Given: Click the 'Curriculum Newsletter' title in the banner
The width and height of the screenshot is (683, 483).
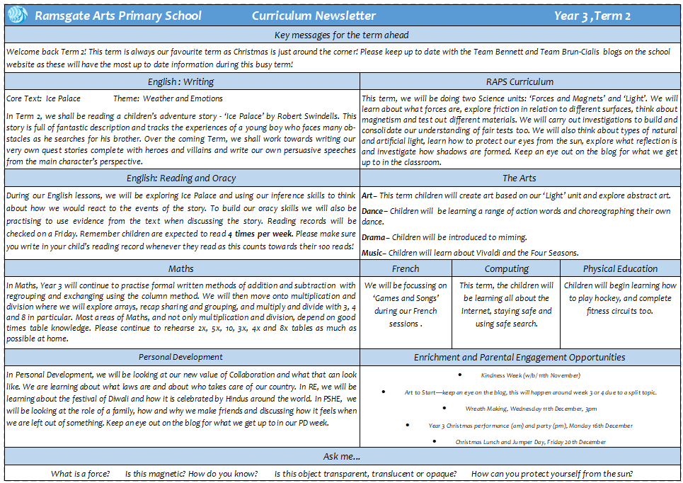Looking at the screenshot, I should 314,16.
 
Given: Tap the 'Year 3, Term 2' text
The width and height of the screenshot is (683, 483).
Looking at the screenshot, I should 592,16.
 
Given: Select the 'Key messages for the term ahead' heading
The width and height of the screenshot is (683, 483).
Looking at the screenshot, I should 341,35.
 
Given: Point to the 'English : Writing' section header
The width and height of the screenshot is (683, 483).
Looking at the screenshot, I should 181,81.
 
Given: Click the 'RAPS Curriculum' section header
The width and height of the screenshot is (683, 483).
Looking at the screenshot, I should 520,81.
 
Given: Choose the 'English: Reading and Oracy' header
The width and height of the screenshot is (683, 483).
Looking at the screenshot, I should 181,178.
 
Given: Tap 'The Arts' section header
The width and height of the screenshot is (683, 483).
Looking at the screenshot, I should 520,178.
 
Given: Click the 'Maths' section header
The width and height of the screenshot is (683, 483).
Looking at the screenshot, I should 181,268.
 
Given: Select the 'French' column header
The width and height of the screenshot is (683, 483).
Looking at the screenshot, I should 406,268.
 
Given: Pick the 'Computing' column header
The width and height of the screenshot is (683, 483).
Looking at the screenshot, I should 506,268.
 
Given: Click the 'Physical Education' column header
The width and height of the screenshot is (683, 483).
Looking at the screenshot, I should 620,268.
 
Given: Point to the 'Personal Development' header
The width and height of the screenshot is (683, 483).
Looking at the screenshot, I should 181,357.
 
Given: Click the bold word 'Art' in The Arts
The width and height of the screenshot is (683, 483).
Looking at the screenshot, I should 367,195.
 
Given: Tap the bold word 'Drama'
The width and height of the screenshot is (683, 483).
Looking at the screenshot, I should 374,237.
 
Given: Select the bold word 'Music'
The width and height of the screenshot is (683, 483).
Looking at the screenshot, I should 373,253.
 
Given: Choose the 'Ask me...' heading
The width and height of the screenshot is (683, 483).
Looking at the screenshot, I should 341,457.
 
